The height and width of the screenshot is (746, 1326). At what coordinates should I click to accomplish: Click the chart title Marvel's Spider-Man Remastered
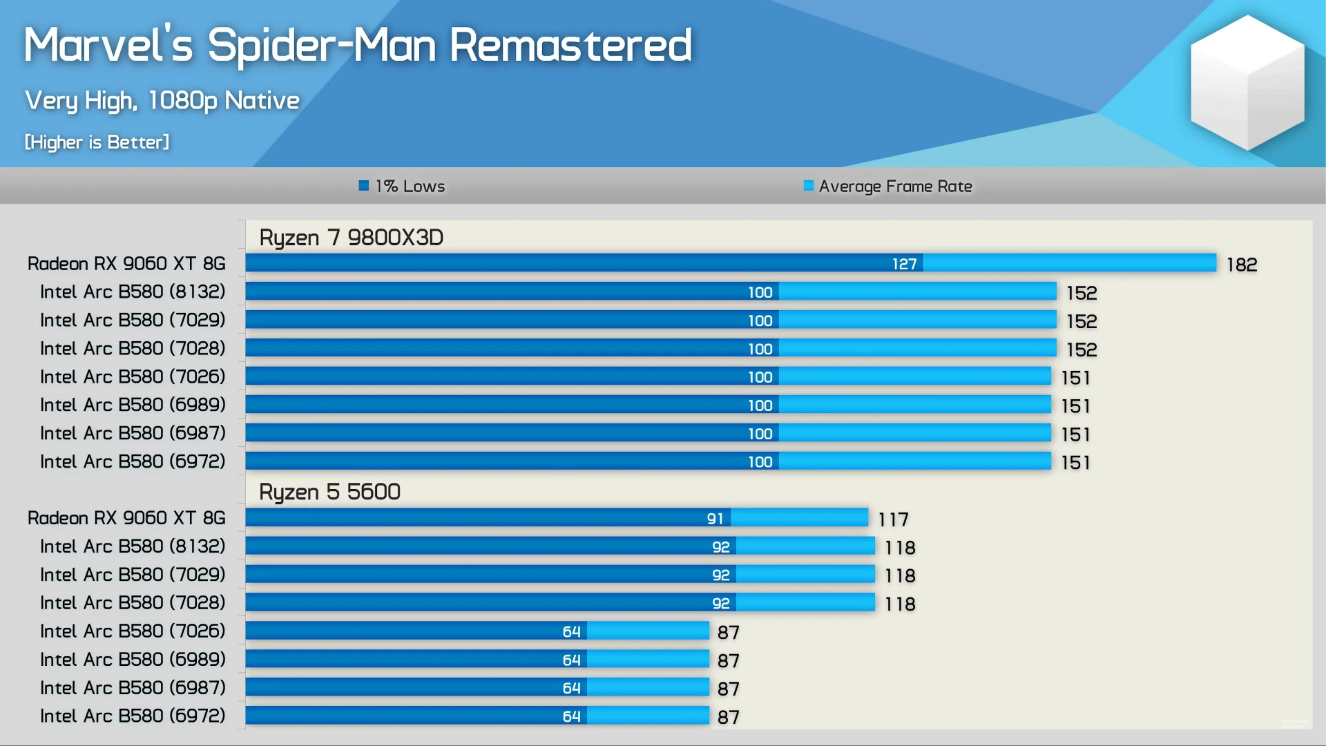click(358, 46)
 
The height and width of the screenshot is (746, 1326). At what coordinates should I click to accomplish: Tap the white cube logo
click(1247, 83)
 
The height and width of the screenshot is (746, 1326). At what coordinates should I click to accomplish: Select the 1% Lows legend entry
click(410, 186)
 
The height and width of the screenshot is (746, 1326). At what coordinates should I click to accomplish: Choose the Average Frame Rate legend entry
click(895, 186)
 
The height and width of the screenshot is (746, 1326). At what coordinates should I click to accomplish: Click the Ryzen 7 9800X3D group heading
click(351, 238)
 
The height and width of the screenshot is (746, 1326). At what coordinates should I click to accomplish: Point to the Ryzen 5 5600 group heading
click(329, 492)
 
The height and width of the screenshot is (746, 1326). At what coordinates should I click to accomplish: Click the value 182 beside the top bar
click(1241, 265)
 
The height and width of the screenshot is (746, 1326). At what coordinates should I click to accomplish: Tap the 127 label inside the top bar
click(904, 264)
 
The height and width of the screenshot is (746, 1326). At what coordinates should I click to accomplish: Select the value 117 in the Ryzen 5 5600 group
click(893, 519)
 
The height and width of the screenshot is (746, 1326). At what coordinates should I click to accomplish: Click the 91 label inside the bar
click(715, 519)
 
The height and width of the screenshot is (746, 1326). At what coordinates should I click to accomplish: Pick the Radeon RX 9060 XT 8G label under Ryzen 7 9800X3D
click(126, 264)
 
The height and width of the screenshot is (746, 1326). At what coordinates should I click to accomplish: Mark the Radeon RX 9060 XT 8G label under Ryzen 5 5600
click(126, 518)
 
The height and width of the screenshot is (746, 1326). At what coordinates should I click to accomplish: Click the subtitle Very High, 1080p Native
click(162, 101)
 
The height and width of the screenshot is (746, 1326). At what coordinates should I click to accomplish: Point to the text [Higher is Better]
click(97, 142)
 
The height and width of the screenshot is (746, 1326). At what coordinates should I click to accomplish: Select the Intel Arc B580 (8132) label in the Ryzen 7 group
click(133, 292)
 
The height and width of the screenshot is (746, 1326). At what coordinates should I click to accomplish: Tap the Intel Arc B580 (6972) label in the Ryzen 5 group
click(133, 716)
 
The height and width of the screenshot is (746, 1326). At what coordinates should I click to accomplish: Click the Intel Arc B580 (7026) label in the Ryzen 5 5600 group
click(133, 631)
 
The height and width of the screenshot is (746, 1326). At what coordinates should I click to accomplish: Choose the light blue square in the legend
click(809, 185)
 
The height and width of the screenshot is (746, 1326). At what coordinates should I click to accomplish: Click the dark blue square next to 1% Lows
click(364, 185)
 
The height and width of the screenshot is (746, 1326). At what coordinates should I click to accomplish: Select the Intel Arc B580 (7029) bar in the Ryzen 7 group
click(649, 320)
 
